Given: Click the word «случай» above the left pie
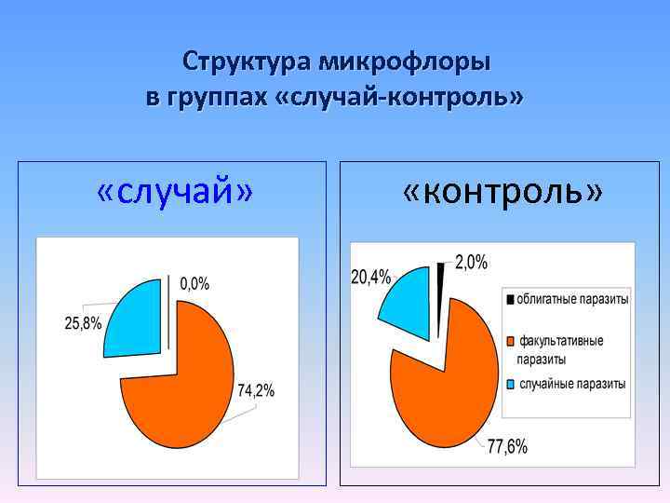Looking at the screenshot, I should tap(175, 192).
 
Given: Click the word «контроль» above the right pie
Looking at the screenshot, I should tap(502, 192).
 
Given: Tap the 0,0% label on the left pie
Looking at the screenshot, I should tap(194, 282).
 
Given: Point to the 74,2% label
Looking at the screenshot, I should tap(256, 391).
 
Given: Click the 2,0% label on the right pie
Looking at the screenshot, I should tap(471, 263).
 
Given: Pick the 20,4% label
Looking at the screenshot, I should tap(371, 276).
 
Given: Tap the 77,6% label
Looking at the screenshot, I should tap(507, 447).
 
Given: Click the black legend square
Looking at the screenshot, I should tap(510, 300).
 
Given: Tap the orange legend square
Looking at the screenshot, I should tap(510, 341).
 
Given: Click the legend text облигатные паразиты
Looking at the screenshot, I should tap(572, 300).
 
